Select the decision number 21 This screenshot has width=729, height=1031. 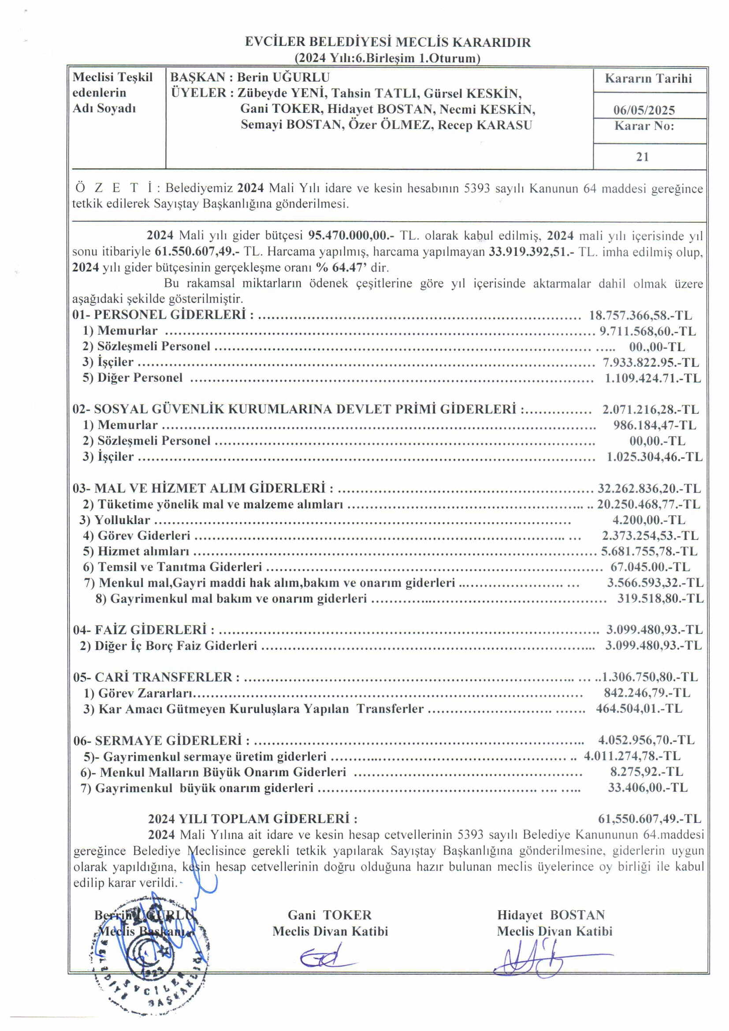pyautogui.click(x=642, y=157)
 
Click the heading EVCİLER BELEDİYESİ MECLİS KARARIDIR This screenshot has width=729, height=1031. pyautogui.click(x=388, y=42)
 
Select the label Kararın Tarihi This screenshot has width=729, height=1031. pyautogui.click(x=648, y=78)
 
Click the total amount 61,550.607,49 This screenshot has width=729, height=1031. pyautogui.click(x=649, y=818)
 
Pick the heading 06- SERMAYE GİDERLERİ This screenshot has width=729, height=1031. pyautogui.click(x=162, y=740)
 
